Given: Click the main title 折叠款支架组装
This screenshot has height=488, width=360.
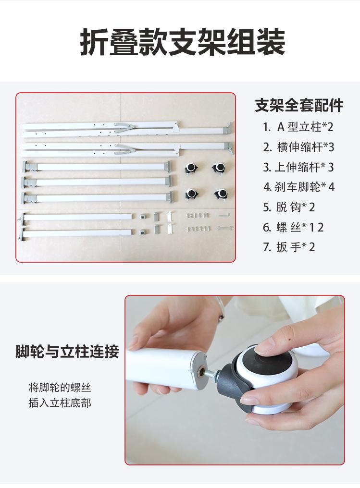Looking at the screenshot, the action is coord(183,42).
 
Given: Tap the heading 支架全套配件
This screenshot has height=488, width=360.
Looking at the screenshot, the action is coord(299,105).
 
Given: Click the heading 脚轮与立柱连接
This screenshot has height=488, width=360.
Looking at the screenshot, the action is coord(67,352).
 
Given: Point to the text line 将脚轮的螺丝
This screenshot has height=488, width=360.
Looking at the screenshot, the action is coord(60,388).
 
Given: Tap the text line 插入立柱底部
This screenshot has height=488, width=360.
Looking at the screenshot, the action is coord(60,403).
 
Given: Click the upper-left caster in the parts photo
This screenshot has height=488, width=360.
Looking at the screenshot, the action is coord(191,168).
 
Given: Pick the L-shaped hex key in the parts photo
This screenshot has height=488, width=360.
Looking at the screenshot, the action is coord(224,215).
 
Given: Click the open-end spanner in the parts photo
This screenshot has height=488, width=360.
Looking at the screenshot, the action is coord(225,229).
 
